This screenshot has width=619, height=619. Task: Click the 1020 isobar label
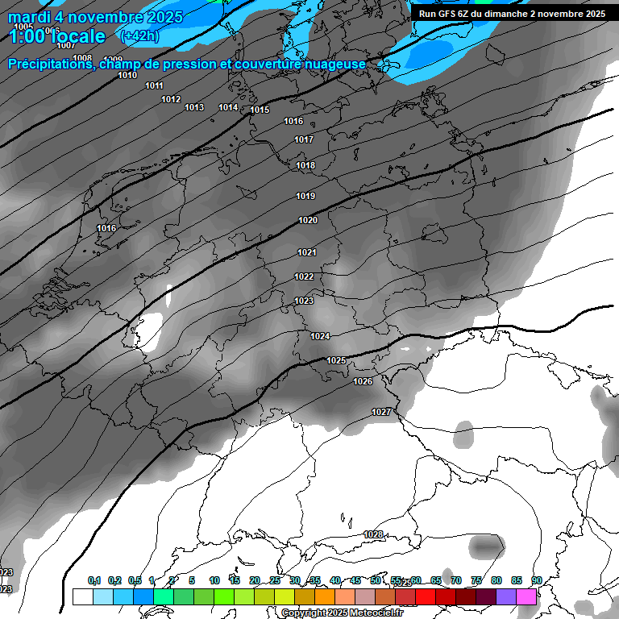pyautogui.click(x=308, y=221)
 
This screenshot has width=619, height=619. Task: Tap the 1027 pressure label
pyautogui.click(x=381, y=413)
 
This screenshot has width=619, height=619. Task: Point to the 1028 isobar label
pyautogui.click(x=373, y=534)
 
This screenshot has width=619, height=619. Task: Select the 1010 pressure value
pyautogui.click(x=127, y=75)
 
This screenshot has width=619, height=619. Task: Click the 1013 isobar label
pyautogui.click(x=194, y=108)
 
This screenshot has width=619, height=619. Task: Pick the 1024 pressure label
pyautogui.click(x=320, y=336)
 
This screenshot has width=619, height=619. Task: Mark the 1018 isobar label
pyautogui.click(x=305, y=166)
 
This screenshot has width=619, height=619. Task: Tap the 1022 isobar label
pyautogui.click(x=304, y=277)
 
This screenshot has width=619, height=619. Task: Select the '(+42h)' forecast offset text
pyautogui.click(x=139, y=36)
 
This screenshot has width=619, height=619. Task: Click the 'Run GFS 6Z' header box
pyautogui.click(x=512, y=14)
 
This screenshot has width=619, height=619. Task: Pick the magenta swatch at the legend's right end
pyautogui.click(x=526, y=596)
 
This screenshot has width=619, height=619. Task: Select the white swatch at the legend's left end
pyautogui.click(x=82, y=596)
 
